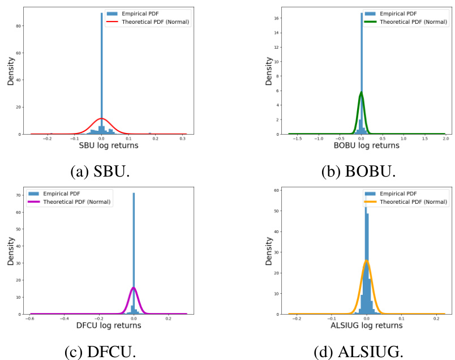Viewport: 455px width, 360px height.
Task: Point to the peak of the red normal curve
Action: (x=101, y=118)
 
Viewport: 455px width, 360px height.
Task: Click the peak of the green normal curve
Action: (x=361, y=92)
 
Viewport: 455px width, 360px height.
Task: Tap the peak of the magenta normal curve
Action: (x=134, y=288)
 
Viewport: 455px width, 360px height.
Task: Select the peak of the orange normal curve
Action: (x=366, y=260)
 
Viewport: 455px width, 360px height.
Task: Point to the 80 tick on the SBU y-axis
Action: (x=18, y=26)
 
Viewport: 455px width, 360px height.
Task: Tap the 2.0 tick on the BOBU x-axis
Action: (x=445, y=138)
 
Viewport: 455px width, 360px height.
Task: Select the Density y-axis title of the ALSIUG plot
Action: (x=268, y=250)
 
